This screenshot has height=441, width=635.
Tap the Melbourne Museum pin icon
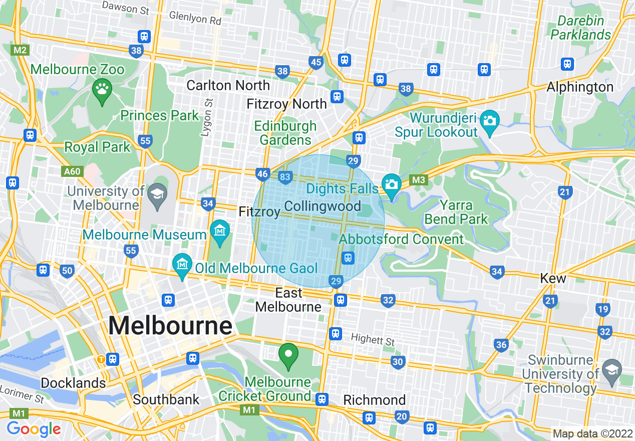(x=220, y=232)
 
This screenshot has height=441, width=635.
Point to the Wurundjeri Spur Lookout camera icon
(x=489, y=121)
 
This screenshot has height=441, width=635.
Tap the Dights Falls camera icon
(x=391, y=184)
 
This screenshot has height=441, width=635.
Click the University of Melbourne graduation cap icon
(x=158, y=194)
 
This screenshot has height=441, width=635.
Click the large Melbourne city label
(x=170, y=326)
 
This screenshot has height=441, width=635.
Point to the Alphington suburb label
(x=579, y=87)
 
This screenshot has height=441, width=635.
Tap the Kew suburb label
(x=553, y=278)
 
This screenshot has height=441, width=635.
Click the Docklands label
(x=73, y=383)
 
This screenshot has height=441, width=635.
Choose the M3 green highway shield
(x=418, y=180)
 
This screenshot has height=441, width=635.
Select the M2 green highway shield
(x=20, y=50)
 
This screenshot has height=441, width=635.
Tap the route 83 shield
(x=285, y=177)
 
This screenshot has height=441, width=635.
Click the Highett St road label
(x=373, y=339)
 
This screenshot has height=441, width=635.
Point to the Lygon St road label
(x=208, y=117)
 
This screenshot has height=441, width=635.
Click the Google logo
(x=34, y=429)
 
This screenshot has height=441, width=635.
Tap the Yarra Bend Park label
(x=456, y=212)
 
